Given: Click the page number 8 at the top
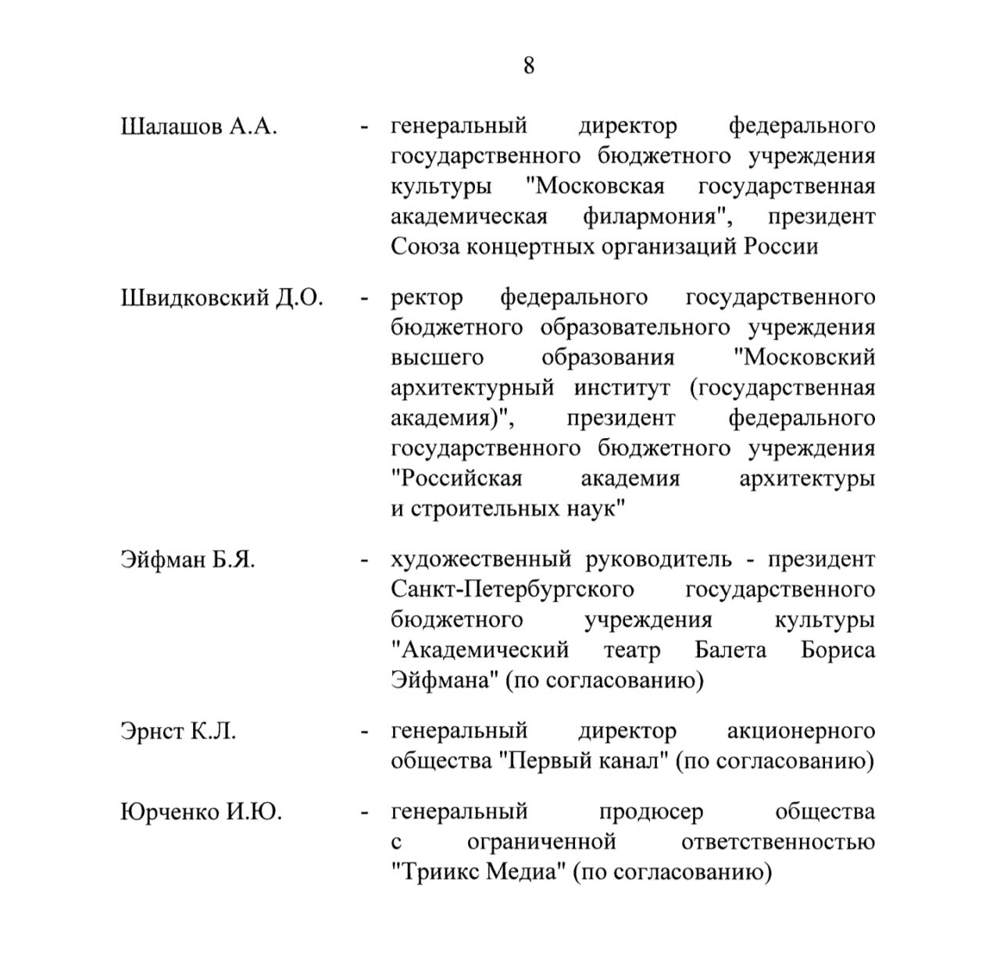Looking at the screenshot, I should (529, 66).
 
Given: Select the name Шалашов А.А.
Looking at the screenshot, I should (199, 127).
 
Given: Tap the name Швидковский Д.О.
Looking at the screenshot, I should (222, 298).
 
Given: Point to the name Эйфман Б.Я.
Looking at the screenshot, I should (187, 560).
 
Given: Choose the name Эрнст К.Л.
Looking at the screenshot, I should (178, 732).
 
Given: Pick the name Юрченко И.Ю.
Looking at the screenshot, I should (202, 812).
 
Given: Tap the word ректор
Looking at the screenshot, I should (427, 298).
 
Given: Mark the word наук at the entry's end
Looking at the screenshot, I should (594, 510).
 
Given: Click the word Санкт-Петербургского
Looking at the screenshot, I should (512, 590).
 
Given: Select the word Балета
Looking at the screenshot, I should (730, 651).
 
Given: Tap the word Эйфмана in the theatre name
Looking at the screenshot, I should (444, 681).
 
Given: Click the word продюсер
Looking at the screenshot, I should (651, 812).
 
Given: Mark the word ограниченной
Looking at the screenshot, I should (541, 843).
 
